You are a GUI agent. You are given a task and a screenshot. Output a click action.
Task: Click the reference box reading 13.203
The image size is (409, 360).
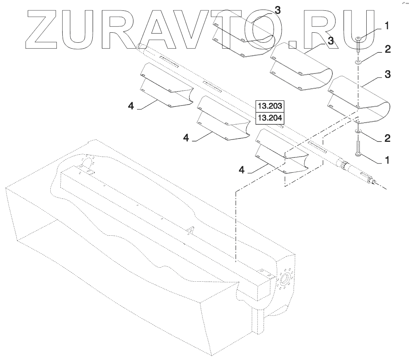(x=270, y=106)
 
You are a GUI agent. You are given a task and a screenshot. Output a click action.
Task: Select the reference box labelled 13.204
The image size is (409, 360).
(x=270, y=118)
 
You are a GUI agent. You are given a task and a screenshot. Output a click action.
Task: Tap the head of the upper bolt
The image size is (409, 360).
(x=358, y=38)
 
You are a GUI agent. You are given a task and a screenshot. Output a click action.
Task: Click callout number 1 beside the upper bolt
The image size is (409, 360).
(x=386, y=26)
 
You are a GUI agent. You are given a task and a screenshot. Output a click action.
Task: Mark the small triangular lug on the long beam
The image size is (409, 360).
(x=191, y=229)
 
